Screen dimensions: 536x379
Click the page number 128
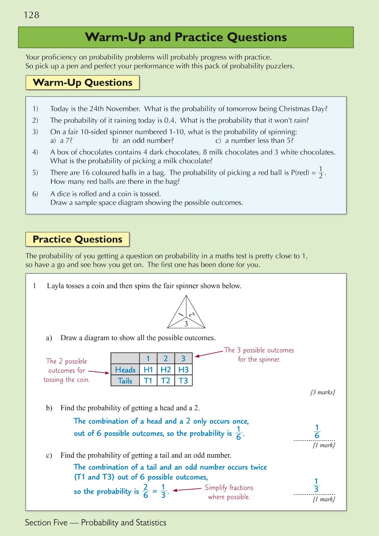[x=31, y=15]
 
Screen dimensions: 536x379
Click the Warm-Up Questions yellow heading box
[x=82, y=83]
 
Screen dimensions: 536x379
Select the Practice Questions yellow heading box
[x=77, y=239]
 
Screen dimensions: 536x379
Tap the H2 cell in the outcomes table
[x=166, y=370]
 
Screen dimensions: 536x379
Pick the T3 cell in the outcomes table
[x=183, y=381]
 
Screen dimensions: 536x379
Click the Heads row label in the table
[x=125, y=370]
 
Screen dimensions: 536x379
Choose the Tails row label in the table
[x=125, y=381]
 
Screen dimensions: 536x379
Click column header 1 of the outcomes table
[x=148, y=358]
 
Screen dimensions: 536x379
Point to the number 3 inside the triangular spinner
[x=186, y=324]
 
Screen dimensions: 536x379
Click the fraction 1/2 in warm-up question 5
[x=321, y=173]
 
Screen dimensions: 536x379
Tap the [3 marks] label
[x=323, y=392]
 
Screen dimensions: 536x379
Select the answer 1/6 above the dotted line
[x=317, y=432]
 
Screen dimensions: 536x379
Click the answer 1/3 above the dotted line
[x=316, y=485]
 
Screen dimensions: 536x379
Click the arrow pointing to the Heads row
[x=99, y=372]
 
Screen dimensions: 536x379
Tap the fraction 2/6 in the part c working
[x=145, y=491]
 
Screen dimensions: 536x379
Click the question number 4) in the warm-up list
[x=35, y=152]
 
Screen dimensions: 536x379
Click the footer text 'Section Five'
[x=46, y=523]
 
